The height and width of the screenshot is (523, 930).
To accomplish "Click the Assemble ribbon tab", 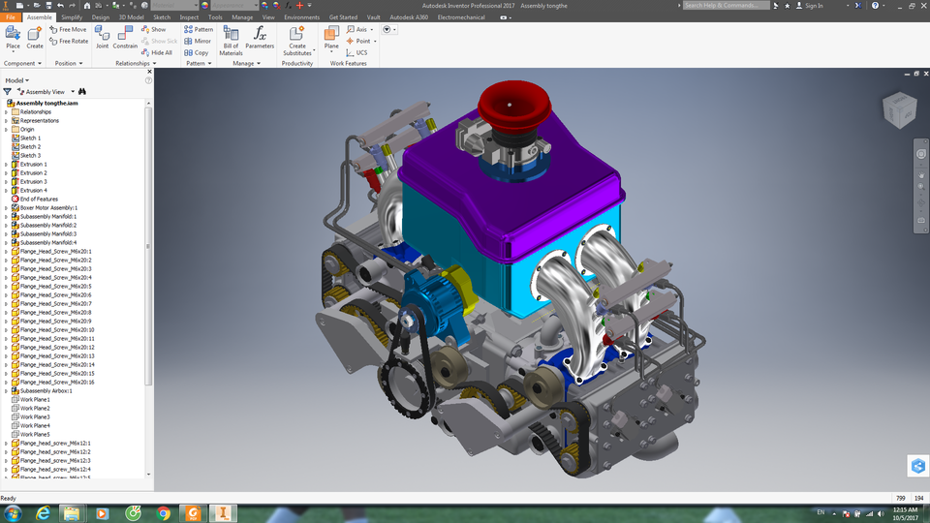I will coord(40,17).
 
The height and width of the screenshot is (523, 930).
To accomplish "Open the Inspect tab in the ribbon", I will coord(189,17).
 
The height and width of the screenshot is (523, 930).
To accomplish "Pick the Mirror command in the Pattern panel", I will coord(198,41).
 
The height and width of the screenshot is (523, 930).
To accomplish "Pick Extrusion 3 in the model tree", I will coord(33,182).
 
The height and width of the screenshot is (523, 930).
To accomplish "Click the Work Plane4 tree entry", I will coord(35,426).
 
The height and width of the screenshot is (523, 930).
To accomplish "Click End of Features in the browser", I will coord(39,200).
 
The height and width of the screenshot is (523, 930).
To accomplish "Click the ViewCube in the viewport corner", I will coord(897,110).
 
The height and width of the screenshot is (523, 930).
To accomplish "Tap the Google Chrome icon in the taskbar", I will coord(164,513).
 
